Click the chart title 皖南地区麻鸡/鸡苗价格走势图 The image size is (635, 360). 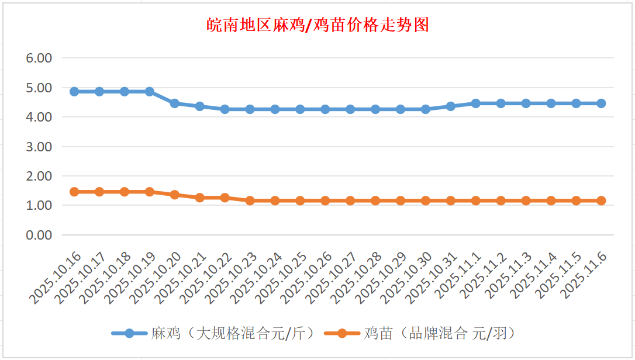coord(318,25)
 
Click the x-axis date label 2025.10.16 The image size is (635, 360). coord(53,278)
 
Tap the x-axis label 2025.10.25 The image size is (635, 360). coord(279,278)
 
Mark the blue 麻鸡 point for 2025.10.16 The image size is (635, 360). coord(74,92)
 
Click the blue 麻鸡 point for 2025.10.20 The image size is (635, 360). coord(174,103)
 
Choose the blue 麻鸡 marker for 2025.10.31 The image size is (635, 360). coord(450,106)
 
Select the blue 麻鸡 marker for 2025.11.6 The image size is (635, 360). coord(601,103)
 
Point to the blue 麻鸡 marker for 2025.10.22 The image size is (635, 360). coord(225,109)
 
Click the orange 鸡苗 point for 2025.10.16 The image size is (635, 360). coord(74,192)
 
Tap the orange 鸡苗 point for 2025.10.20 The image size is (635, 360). coord(174,195)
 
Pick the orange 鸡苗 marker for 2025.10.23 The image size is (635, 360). coord(250,200)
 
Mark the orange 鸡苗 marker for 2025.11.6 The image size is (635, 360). coord(601,200)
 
